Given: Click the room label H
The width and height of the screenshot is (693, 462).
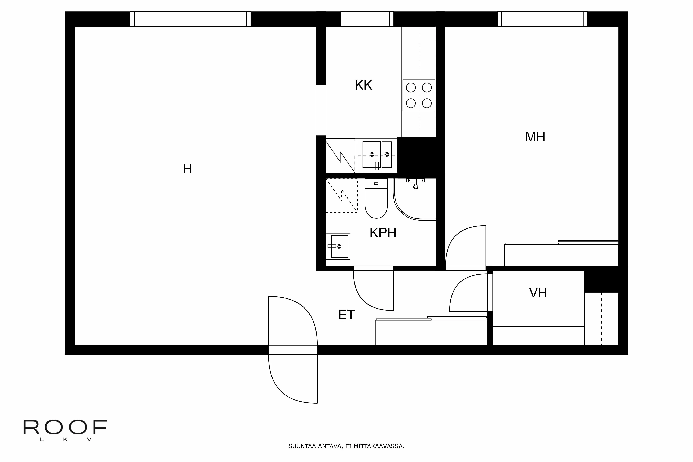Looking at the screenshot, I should coord(187,169).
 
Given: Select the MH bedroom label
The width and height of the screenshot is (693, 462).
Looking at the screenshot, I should coord(535,137).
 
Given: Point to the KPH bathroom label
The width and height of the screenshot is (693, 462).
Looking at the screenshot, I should coord(383,233).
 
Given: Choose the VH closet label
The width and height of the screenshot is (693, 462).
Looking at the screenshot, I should coord(538,293).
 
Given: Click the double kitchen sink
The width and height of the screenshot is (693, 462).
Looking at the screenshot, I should coord(377,155).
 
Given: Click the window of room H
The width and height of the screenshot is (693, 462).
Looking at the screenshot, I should coord(190,19).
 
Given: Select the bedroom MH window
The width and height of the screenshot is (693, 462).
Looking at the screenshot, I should coord(542,19).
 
